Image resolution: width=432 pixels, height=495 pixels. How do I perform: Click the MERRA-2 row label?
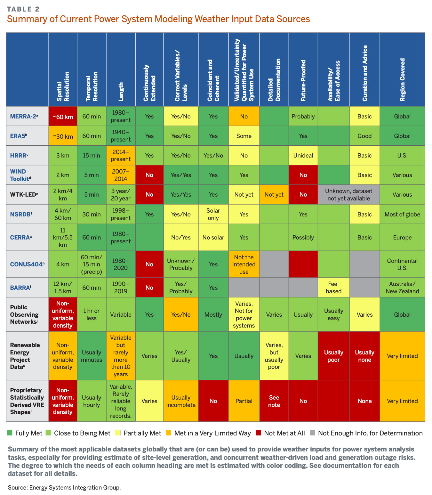coord(24,116)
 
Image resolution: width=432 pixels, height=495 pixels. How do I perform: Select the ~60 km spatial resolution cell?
coord(63,117)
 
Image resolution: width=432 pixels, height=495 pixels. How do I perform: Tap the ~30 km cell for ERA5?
coord(63,136)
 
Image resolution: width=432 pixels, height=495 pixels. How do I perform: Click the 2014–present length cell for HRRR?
coord(121,156)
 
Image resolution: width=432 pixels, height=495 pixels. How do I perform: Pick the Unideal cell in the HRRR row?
coord(303,156)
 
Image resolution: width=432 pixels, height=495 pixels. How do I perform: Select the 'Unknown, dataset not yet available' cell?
coord(348,195)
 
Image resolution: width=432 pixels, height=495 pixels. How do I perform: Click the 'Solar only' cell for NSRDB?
coord(213,214)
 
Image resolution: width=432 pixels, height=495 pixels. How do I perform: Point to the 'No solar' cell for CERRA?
coord(213,238)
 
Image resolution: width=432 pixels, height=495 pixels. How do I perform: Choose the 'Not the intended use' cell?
coord(244,264)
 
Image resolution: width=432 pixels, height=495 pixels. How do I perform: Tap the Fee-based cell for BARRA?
coord(333,288)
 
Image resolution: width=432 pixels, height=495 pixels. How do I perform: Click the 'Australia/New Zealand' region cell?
coord(402,288)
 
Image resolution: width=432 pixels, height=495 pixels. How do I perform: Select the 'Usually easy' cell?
coord(333,314)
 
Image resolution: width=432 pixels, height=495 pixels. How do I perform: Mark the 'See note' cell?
coord(274,401)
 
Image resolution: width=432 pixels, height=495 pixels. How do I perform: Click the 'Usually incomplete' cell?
coord(181,401)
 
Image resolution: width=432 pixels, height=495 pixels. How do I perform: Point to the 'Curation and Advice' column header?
coord(364,73)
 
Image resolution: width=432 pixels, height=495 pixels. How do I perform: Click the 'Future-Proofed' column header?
coord(303,80)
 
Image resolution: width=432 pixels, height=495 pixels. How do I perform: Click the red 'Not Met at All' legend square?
coord(259,433)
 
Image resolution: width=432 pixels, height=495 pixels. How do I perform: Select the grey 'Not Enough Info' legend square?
coord(313,433)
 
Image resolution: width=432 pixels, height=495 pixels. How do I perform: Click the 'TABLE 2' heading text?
coord(23,9)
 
